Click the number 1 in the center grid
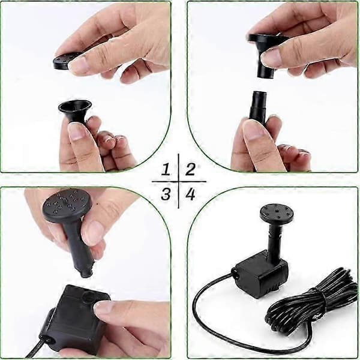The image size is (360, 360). [x=166, y=170]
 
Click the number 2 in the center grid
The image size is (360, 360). [x=190, y=170]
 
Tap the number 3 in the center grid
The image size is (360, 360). [x=166, y=194]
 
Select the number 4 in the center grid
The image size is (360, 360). [x=190, y=194]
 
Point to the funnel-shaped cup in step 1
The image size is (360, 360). [x=74, y=112]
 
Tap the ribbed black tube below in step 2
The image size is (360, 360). [x=258, y=106]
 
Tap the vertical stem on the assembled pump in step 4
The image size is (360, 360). [x=275, y=242]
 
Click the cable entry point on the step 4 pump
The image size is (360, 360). [x=235, y=273]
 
